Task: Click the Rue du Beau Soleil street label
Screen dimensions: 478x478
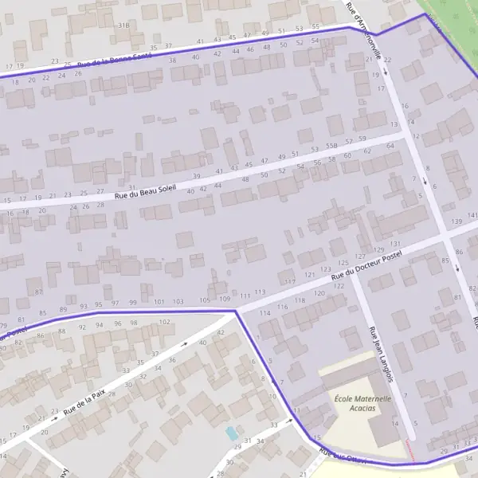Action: (x=144, y=189)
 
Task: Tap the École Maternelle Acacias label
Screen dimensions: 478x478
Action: (x=362, y=403)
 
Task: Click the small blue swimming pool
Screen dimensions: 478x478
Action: (x=231, y=433)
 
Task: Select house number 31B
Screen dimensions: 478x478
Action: (x=123, y=25)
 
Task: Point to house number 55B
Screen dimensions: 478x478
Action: (x=331, y=148)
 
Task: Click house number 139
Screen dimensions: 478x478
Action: (x=456, y=221)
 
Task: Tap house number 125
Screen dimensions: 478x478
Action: (x=343, y=262)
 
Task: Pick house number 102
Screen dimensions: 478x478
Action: (x=165, y=322)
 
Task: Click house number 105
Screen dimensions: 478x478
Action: (x=205, y=300)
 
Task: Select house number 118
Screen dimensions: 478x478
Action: (x=300, y=300)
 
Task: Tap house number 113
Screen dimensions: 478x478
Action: (x=259, y=292)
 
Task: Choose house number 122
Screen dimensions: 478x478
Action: (x=339, y=286)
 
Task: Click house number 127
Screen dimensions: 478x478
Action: (x=359, y=256)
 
